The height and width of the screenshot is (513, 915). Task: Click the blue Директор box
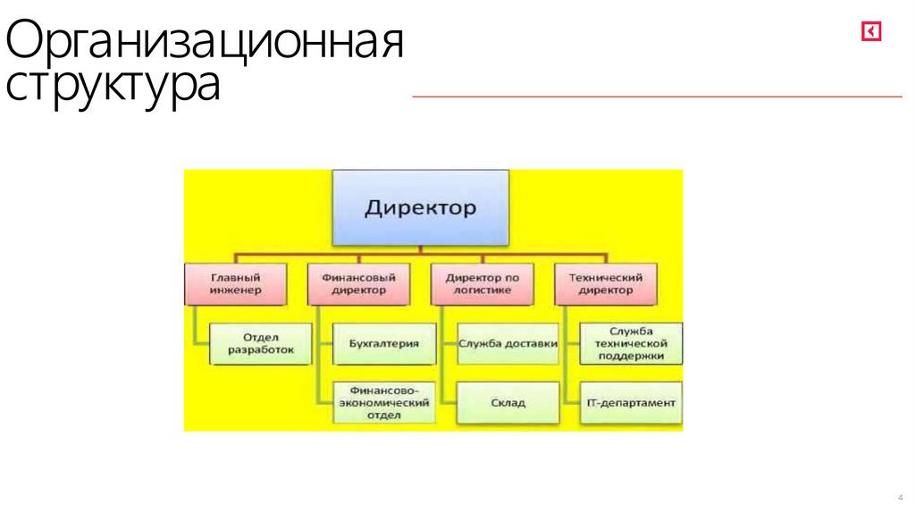tap(420, 208)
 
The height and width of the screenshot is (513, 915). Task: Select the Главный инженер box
tap(236, 283)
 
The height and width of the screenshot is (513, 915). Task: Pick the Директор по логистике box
tap(482, 283)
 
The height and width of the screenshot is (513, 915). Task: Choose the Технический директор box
tap(605, 283)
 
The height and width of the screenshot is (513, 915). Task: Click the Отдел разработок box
tap(263, 344)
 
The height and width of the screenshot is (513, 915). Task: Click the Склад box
tap(508, 402)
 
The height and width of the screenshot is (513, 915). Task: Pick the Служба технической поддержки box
tap(631, 343)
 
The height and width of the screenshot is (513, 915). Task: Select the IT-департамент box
tap(631, 402)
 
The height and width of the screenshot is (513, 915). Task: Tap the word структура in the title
tap(113, 88)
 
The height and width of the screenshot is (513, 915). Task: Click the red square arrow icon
tap(871, 32)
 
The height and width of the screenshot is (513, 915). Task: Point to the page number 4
tap(899, 497)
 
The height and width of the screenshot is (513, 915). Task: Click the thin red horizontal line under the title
tap(657, 96)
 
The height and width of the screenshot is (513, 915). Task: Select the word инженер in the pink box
tap(236, 290)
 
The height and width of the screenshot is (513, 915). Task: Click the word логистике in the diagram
tap(482, 290)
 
